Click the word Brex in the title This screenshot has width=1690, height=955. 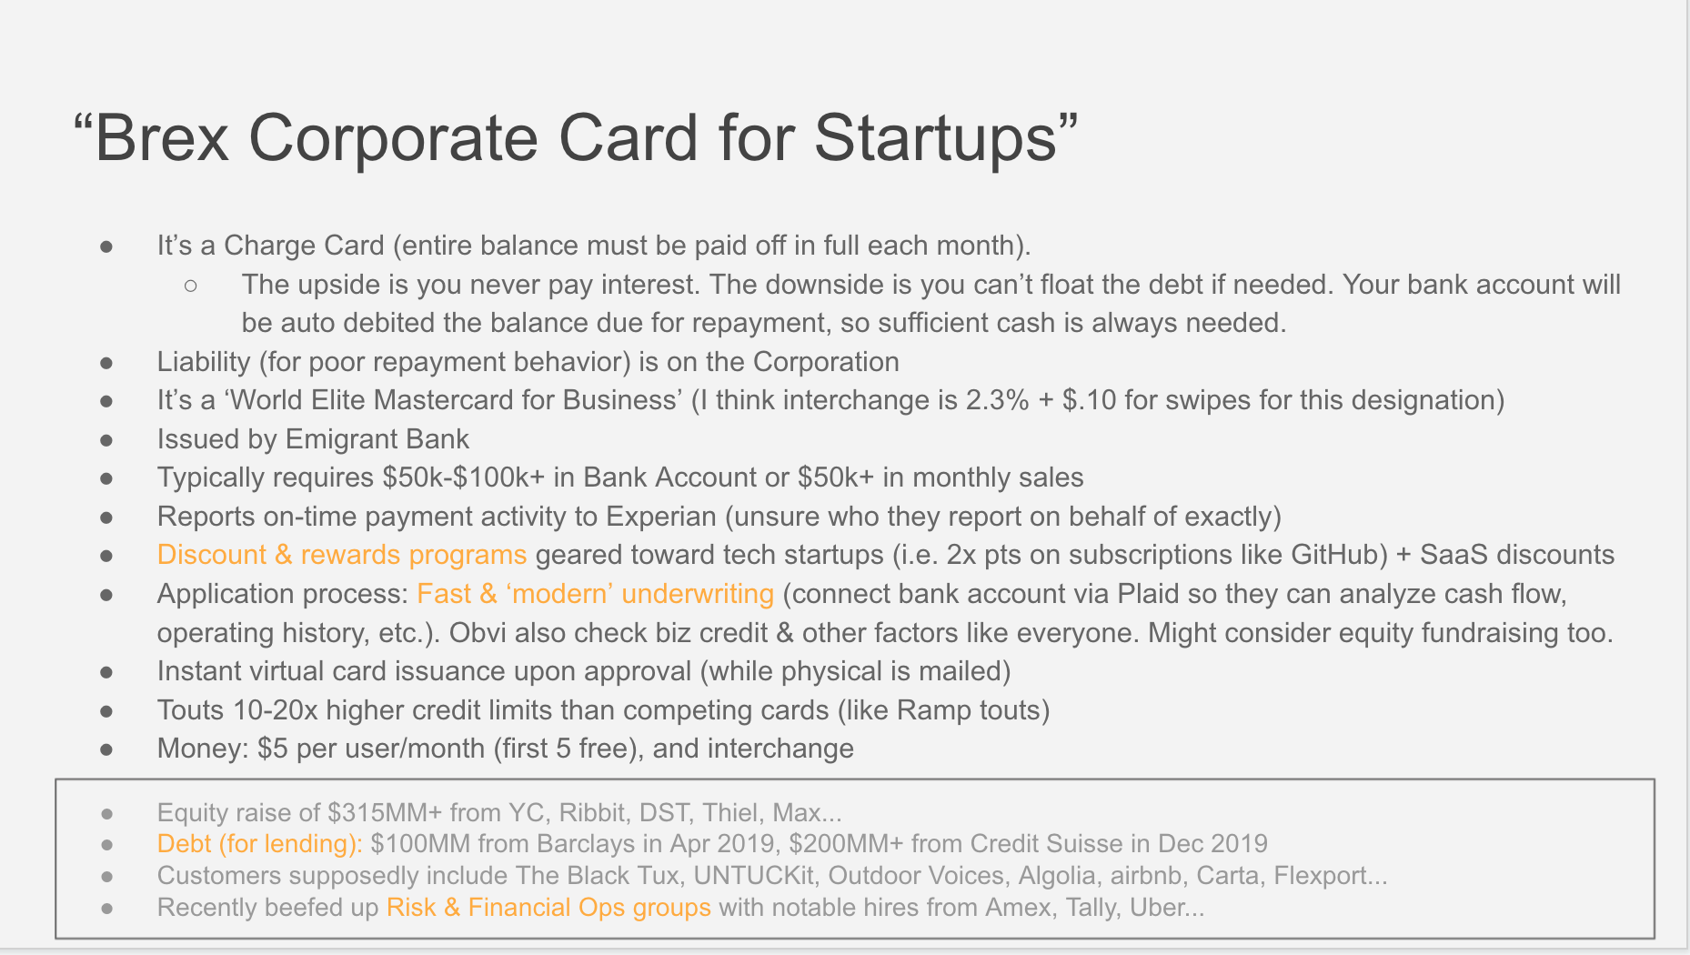point(162,138)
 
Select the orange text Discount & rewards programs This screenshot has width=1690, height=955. point(342,555)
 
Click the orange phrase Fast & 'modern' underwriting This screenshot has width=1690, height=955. point(596,594)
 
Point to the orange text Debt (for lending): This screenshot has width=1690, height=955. point(260,844)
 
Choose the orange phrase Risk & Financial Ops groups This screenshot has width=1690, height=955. point(548,908)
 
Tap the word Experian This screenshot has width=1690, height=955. point(661,517)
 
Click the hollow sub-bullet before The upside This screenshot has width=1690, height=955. point(191,286)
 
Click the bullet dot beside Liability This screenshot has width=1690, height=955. point(107,363)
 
